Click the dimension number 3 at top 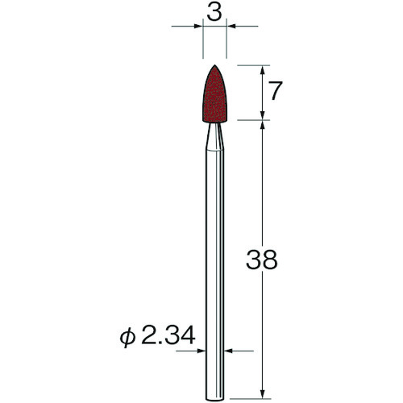point(214,13)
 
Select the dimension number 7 point(276,90)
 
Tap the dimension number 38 point(261,260)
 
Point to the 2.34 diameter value point(168,335)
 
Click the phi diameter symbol point(127,337)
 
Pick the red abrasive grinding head point(214,94)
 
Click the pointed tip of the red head point(214,65)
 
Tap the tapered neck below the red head point(214,135)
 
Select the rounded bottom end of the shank point(214,399)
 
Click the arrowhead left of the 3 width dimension point(198,26)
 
